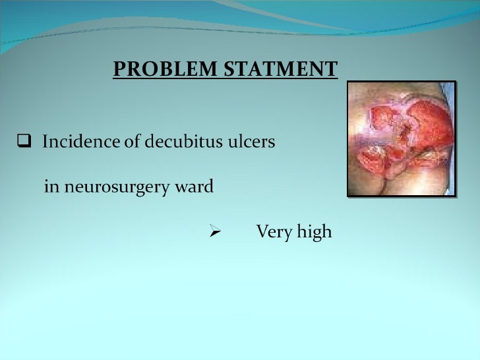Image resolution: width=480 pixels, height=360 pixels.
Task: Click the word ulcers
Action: tap(249, 142)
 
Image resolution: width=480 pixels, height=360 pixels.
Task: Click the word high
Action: tap(314, 233)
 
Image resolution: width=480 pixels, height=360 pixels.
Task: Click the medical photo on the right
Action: tap(402, 138)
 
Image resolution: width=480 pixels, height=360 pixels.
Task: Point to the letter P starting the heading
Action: tap(118, 69)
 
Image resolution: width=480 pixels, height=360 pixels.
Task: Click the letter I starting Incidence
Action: tap(44, 142)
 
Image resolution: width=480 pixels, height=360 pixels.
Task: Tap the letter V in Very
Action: tap(261, 232)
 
